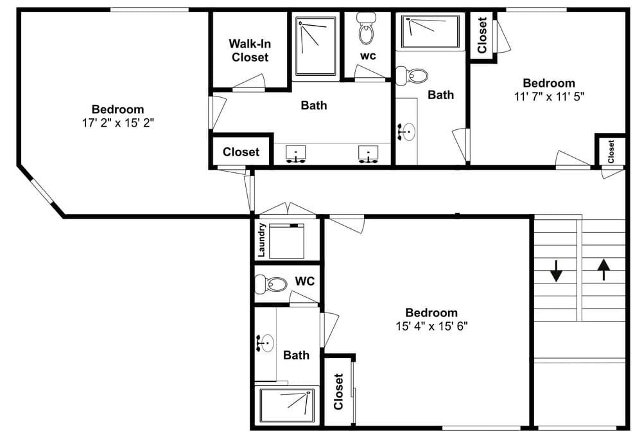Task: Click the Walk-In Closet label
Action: pos(250,50)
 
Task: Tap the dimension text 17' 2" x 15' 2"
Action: pos(118,123)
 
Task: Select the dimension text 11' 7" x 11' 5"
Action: pos(549,96)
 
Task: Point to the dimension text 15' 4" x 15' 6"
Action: pos(431,326)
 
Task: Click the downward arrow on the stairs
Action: pos(555,271)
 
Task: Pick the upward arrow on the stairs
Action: pos(603,269)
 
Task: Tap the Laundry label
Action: pos(262,240)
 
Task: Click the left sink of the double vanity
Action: pos(295,154)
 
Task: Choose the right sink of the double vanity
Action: pos(369,154)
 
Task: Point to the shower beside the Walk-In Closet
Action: pos(316,46)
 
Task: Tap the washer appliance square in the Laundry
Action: pos(286,240)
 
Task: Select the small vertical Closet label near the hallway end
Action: pos(611,151)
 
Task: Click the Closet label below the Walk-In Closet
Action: pos(241,152)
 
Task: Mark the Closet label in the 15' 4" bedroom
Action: pos(338,392)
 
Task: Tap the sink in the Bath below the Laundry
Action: pos(265,343)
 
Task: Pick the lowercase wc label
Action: pos(368,56)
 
